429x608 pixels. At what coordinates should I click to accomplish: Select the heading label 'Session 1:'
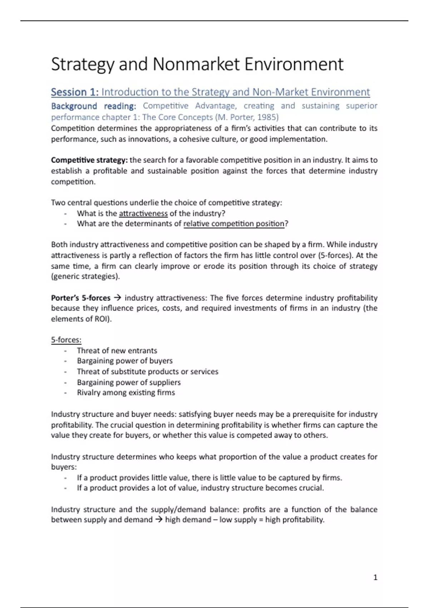(75, 92)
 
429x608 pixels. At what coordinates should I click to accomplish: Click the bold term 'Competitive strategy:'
(89, 160)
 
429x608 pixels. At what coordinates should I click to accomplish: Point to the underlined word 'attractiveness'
(143, 214)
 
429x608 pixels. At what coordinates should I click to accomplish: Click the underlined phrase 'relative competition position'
(234, 224)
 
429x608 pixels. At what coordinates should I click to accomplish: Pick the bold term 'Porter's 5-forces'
(81, 298)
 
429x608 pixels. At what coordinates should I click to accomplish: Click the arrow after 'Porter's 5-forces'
(117, 298)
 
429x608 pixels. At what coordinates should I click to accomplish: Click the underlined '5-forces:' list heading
(66, 340)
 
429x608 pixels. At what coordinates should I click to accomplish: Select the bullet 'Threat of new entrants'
(117, 350)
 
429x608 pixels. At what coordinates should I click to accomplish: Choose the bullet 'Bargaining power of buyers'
(125, 361)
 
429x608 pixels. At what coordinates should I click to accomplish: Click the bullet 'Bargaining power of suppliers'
(129, 382)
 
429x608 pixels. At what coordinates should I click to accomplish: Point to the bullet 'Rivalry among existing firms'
(126, 393)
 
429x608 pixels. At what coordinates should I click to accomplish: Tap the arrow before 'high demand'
(159, 520)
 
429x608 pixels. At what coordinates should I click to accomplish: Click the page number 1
(375, 578)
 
